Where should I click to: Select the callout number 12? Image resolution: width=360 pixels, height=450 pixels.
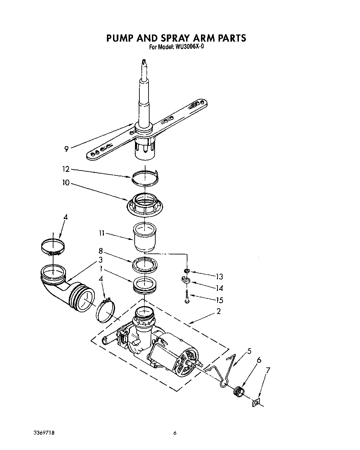tap(65, 169)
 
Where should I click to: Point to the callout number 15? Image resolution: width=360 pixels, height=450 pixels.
tap(219, 300)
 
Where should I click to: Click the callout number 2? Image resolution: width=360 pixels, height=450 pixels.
tap(219, 311)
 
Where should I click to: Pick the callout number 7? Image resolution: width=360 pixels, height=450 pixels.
tap(268, 370)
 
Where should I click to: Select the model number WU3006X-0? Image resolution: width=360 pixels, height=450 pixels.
tap(189, 47)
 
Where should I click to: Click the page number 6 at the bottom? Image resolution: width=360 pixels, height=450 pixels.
tap(175, 433)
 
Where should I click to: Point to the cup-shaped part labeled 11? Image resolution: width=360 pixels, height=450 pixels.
tap(144, 236)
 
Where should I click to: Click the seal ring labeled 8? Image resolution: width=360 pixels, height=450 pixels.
tap(144, 265)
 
